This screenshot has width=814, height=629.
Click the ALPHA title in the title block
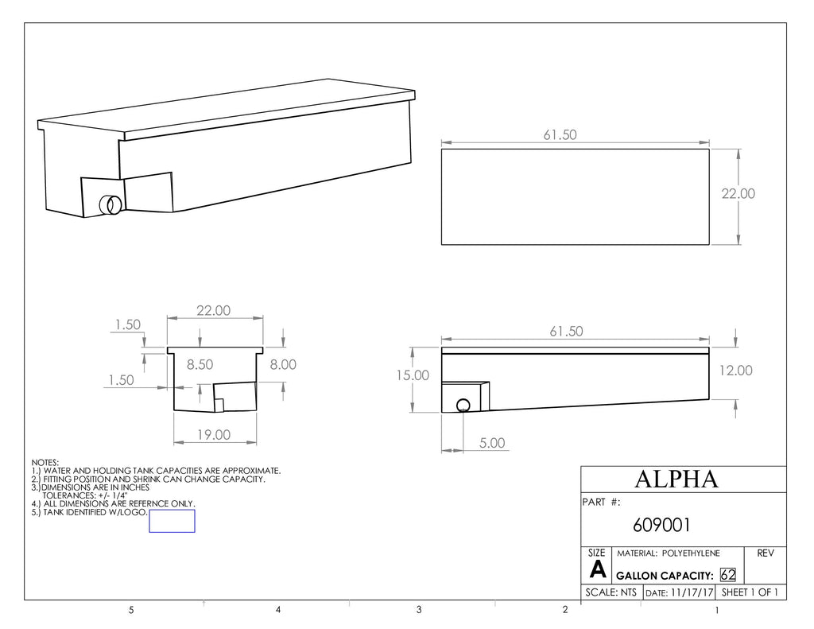pyautogui.click(x=676, y=479)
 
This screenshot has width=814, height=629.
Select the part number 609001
pyautogui.click(x=661, y=525)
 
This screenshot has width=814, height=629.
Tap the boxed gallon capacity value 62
pyautogui.click(x=728, y=575)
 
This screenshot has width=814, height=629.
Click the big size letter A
pyautogui.click(x=598, y=570)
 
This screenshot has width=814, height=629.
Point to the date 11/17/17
pyautogui.click(x=692, y=592)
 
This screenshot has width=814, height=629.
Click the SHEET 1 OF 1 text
pyautogui.click(x=750, y=592)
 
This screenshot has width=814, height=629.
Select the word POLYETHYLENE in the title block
pyautogui.click(x=691, y=553)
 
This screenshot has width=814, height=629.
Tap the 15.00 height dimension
pyautogui.click(x=413, y=375)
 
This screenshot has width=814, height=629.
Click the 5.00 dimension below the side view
pyautogui.click(x=491, y=443)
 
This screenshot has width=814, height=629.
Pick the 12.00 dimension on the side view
pyautogui.click(x=735, y=371)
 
